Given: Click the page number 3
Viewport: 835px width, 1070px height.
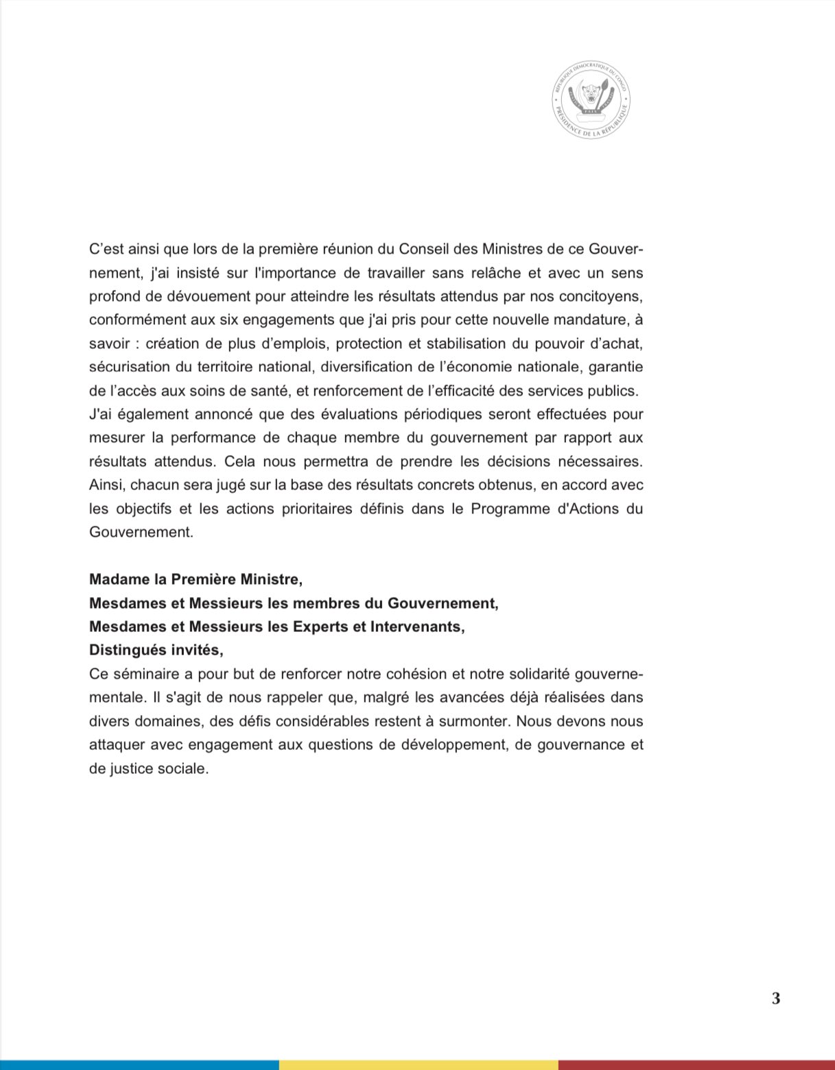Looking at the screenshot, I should tap(776, 998).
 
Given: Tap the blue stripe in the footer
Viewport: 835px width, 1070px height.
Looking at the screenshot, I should tap(139, 1065).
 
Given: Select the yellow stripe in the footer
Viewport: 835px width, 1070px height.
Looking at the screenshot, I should tap(418, 1065).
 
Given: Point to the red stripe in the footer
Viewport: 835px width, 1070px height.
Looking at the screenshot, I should tap(696, 1065).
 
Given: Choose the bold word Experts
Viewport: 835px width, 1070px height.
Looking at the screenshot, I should tap(321, 627).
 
